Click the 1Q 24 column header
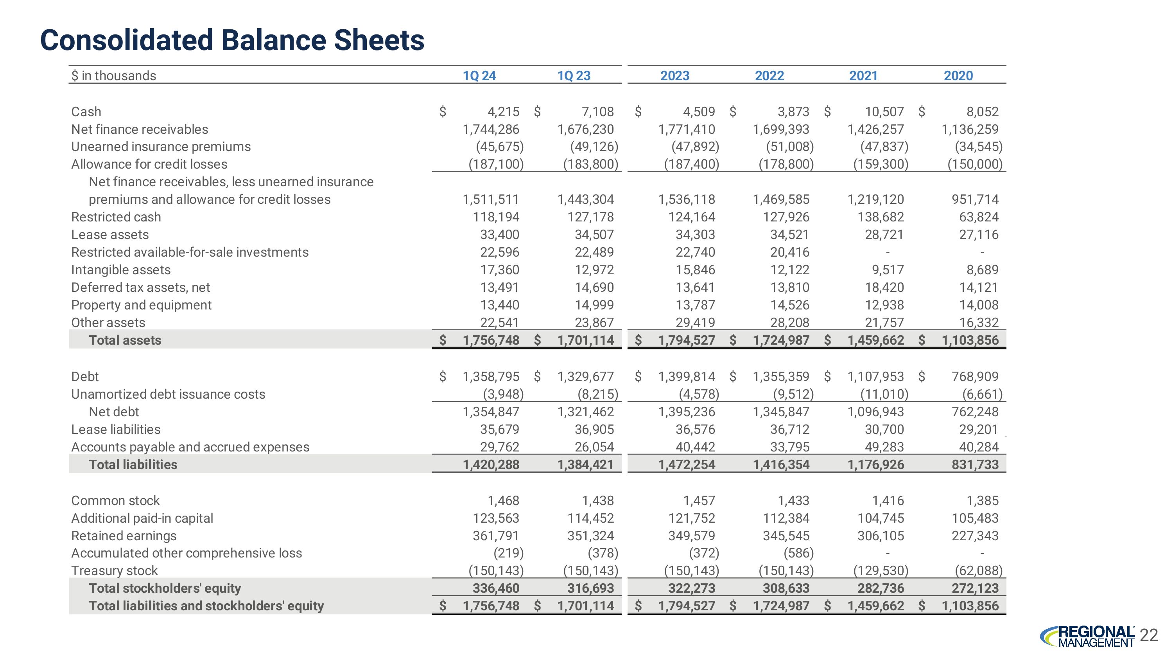tap(479, 76)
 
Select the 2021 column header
tap(863, 76)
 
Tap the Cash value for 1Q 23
tap(597, 111)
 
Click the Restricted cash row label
tap(116, 217)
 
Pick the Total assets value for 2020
tap(970, 340)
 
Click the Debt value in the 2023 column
tap(686, 376)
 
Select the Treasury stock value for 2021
tap(881, 571)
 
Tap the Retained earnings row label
tap(124, 536)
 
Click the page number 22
tap(1149, 635)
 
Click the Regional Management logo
tap(1088, 636)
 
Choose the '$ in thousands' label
tap(114, 76)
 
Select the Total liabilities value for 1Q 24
tap(491, 465)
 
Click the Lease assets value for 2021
tap(884, 235)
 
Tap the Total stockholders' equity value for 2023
tap(691, 588)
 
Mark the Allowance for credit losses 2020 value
tap(975, 164)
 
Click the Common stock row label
tap(115, 501)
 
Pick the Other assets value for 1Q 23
tap(594, 322)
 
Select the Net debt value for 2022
tap(781, 412)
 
